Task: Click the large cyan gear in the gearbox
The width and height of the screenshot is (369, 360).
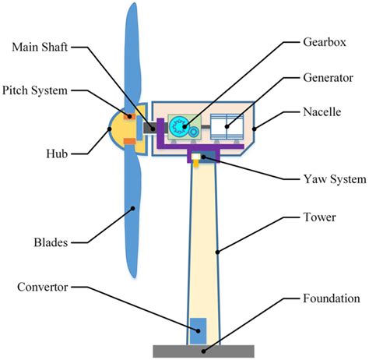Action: click(180, 125)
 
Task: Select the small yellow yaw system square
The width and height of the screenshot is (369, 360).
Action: click(200, 161)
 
